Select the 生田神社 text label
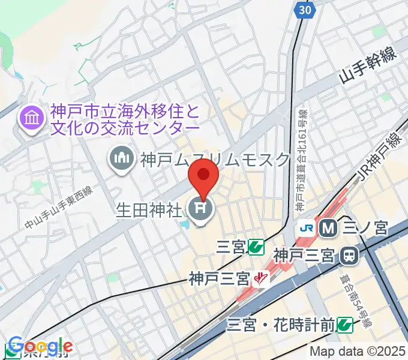tap(149, 210)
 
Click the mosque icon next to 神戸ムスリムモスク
tap(122, 159)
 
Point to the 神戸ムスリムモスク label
tap(215, 159)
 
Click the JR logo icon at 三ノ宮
tap(307, 228)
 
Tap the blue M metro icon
tap(328, 228)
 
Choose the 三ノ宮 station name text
tap(366, 228)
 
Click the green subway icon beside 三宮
tap(257, 246)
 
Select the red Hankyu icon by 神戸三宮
tap(259, 278)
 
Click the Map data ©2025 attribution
tap(358, 352)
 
